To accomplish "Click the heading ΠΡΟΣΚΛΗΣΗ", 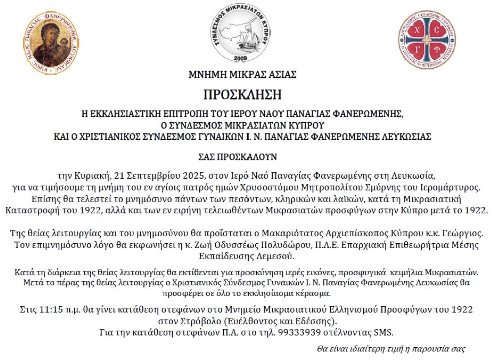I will click(x=242, y=94).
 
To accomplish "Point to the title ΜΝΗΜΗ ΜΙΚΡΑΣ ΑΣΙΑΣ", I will click(x=242, y=75).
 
